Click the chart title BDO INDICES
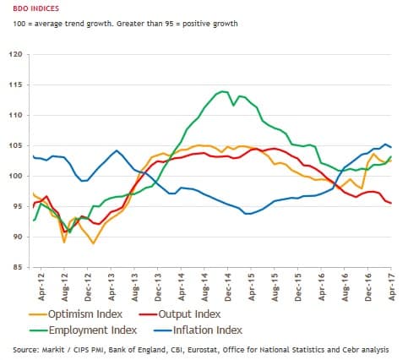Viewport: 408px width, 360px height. [x=30, y=8]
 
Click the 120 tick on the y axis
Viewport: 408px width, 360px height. [x=15, y=55]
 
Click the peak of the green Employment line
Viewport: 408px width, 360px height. [x=222, y=91]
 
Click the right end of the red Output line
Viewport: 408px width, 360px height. [x=390, y=203]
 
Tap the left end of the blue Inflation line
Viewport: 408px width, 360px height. [x=32, y=156]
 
